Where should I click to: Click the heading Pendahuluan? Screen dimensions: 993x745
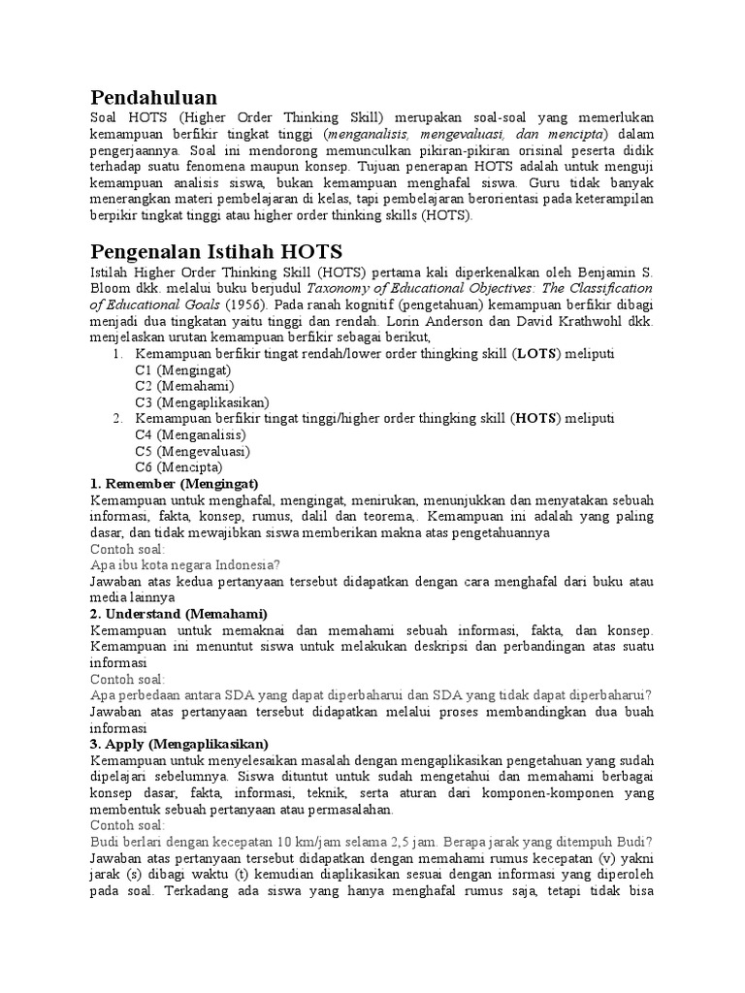coord(153,97)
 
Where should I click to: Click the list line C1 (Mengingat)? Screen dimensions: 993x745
coord(182,370)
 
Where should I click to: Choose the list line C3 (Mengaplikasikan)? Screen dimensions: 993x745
coord(202,401)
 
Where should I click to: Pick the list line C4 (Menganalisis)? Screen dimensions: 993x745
coord(191,434)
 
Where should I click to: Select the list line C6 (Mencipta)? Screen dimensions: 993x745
coord(179,466)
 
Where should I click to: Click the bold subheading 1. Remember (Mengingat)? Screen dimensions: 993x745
coord(174,484)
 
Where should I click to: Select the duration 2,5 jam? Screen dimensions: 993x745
coord(416,842)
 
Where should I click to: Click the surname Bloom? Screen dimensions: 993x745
coord(110,288)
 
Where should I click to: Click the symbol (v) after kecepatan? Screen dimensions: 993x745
coord(592,858)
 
